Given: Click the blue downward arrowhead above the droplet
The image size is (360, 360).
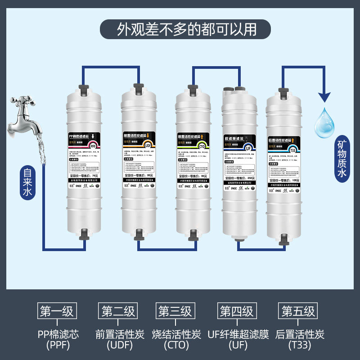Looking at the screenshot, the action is pos(325,97).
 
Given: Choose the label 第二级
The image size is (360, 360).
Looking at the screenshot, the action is pos(118,311).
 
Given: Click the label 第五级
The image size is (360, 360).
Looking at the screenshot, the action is pos(299,311).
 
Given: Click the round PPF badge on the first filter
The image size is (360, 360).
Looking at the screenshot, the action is pos(93,146).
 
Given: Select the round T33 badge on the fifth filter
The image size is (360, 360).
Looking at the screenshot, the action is pos(292,150).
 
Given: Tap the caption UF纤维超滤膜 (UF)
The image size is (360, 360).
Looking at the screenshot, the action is pos(238,340).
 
